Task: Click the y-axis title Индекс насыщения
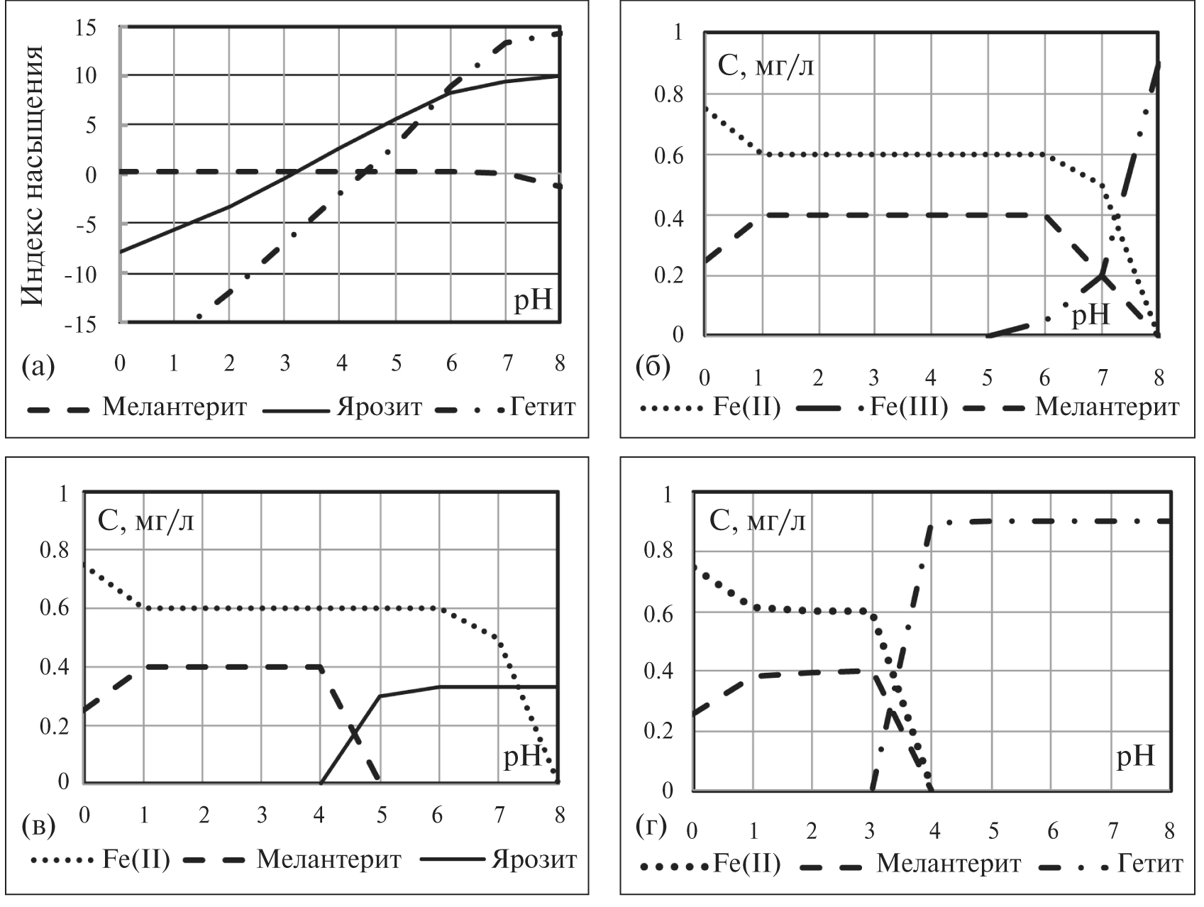(33, 175)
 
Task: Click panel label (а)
(38, 366)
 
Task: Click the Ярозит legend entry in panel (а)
(379, 407)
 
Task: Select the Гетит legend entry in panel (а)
(543, 407)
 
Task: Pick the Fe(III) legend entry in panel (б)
(909, 407)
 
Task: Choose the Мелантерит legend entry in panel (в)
(328, 860)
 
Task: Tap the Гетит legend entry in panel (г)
(1149, 864)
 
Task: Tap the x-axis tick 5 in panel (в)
(381, 815)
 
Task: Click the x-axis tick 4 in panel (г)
(934, 830)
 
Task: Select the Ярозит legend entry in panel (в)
(534, 860)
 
